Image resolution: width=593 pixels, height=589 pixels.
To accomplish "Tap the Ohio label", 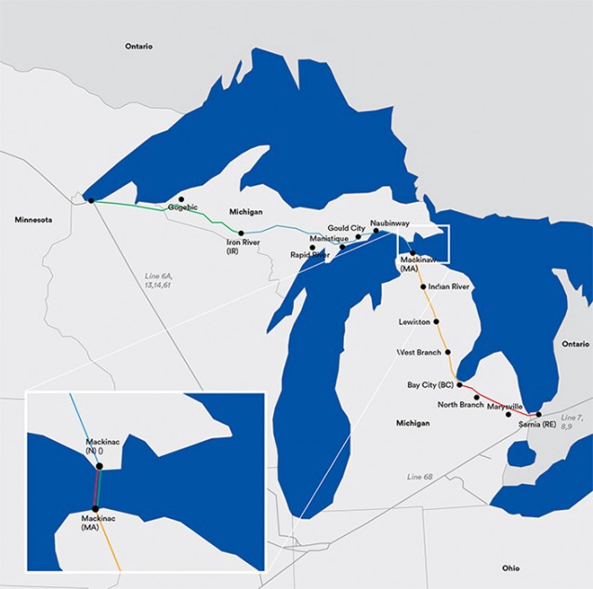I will tap(511, 567).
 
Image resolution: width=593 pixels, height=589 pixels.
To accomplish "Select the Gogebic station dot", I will tap(181, 199).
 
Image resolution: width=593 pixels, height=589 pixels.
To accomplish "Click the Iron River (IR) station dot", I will tap(241, 233).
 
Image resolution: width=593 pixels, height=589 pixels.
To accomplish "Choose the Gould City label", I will tap(346, 228).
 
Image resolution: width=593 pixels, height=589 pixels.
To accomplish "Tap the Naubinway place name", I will tap(389, 223).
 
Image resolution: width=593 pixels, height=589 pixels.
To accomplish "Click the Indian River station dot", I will tap(424, 288).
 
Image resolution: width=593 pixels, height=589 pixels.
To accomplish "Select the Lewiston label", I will tap(415, 322).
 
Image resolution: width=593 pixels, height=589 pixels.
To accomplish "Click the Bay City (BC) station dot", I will tap(459, 383).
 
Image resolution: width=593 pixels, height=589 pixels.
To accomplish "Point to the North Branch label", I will tap(459, 404).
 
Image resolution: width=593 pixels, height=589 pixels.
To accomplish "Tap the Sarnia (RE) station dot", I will tap(538, 414).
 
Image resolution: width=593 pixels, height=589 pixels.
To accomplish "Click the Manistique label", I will tap(328, 239).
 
